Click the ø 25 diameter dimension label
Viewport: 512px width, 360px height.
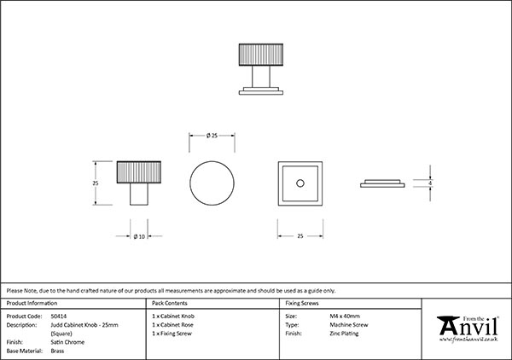[x=213, y=135]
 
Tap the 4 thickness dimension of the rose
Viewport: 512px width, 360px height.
[x=431, y=183]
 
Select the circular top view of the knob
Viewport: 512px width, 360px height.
[x=212, y=183]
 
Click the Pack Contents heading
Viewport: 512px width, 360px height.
[x=171, y=303]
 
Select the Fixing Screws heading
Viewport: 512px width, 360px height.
[x=303, y=303]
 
